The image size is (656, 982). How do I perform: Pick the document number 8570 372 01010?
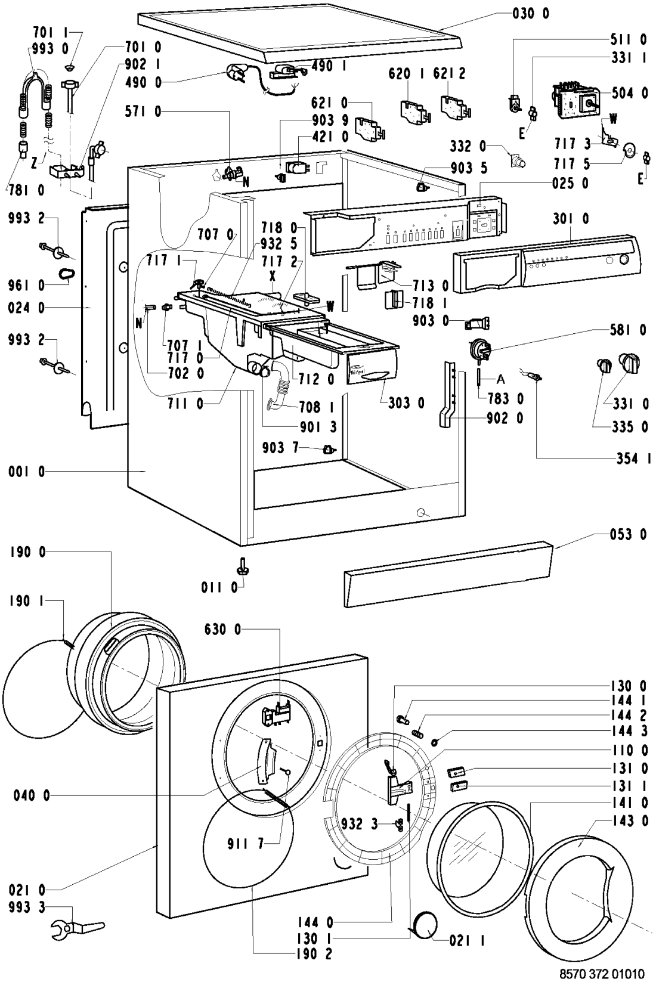pyautogui.click(x=602, y=974)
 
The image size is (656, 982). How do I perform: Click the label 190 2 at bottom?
pyautogui.click(x=313, y=969)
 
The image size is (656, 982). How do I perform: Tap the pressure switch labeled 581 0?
pyautogui.click(x=476, y=348)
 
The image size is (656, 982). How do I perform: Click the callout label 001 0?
pyautogui.click(x=26, y=472)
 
